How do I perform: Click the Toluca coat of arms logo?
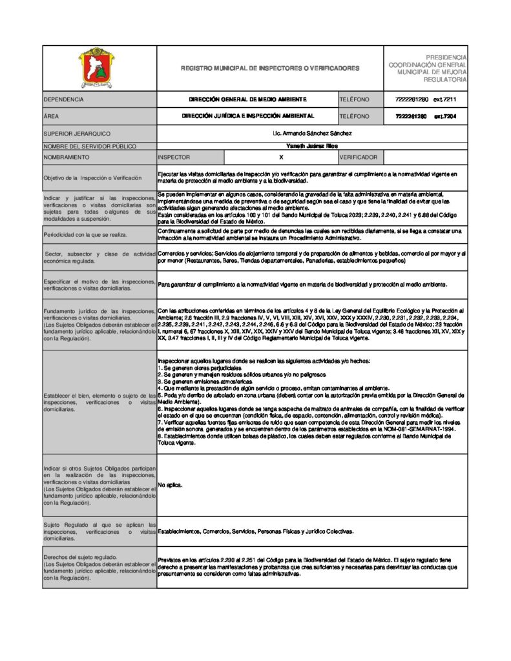click(99, 67)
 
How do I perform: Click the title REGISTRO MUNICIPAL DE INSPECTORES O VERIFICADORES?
click(270, 68)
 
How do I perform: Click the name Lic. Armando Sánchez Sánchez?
click(313, 134)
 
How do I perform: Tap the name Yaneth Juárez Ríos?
click(312, 146)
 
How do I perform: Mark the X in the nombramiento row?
click(281, 157)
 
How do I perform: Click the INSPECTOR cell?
click(174, 157)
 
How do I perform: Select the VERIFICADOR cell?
click(358, 157)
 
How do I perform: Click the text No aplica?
click(171, 485)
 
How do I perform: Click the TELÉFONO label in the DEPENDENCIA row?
click(354, 100)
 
